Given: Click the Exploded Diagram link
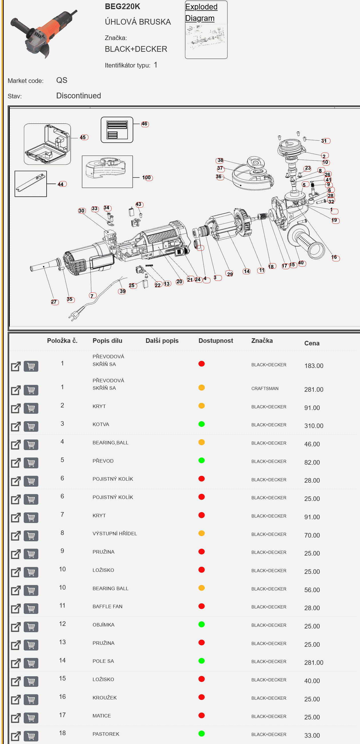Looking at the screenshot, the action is [201, 12].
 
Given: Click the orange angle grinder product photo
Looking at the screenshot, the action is [43, 33].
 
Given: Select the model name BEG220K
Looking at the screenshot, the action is [122, 7].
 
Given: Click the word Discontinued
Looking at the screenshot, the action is [79, 96].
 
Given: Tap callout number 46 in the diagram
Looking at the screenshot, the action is [144, 124].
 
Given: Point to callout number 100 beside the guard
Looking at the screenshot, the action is [147, 178].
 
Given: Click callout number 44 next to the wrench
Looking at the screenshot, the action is [61, 184].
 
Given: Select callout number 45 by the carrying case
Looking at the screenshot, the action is [83, 137].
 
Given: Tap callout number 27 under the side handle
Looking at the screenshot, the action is [54, 302].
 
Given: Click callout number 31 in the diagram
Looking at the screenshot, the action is [325, 141].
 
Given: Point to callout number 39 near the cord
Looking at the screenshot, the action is [122, 291].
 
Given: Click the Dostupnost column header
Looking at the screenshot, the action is [216, 341].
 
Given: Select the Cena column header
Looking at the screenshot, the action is [312, 343].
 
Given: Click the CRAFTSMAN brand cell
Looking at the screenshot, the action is [265, 389].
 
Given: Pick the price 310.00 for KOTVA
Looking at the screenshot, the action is [314, 426].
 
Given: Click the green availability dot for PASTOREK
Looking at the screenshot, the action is [202, 734].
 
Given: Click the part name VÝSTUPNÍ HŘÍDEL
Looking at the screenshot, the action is [115, 534].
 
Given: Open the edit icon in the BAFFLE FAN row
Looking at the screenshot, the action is [16, 608].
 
